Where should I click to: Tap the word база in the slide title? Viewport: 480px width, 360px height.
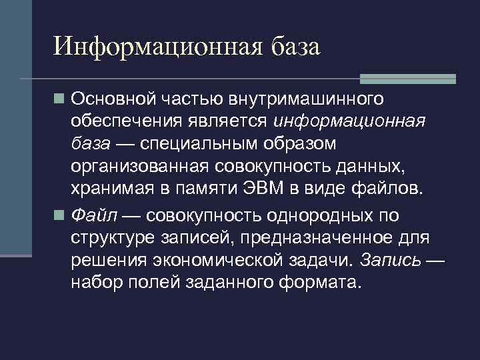295,47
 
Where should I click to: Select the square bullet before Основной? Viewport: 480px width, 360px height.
60,100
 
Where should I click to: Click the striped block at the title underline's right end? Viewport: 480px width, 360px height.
408,79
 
